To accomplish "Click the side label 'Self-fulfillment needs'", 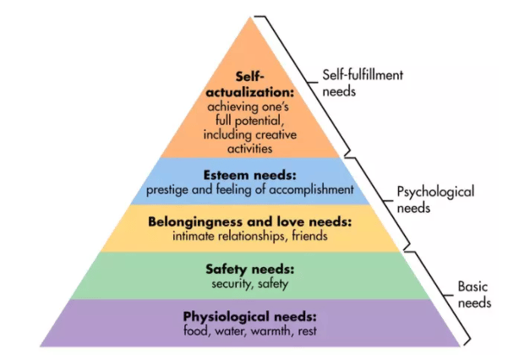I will click(x=364, y=81).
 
